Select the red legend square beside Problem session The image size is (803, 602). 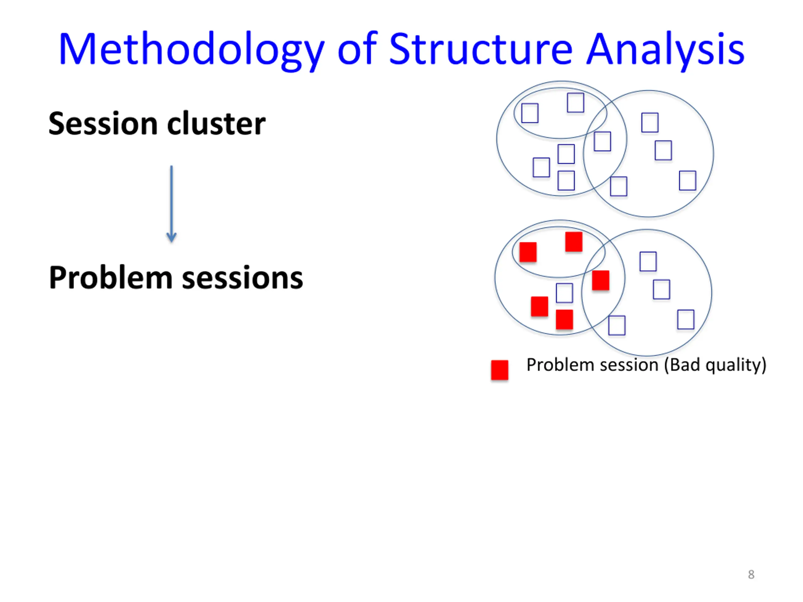pyautogui.click(x=499, y=370)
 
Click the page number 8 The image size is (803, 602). pyautogui.click(x=751, y=574)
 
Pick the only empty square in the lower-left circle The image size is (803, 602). pyautogui.click(x=564, y=293)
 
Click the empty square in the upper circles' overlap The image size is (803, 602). pyautogui.click(x=602, y=141)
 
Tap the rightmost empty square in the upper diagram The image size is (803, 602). pyautogui.click(x=687, y=180)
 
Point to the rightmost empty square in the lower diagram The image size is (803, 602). pyautogui.click(x=686, y=319)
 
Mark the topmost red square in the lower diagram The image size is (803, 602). pyautogui.click(x=574, y=242)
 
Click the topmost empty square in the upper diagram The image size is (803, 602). pyautogui.click(x=575, y=103)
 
